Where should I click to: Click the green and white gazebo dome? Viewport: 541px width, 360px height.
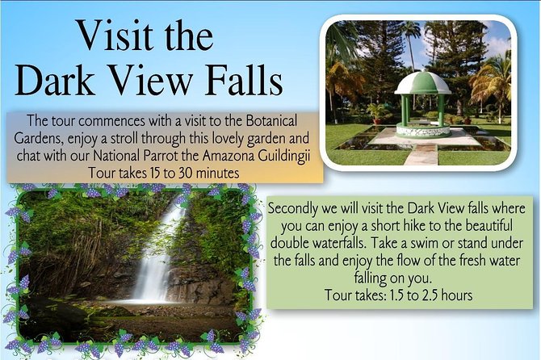point(422,82)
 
